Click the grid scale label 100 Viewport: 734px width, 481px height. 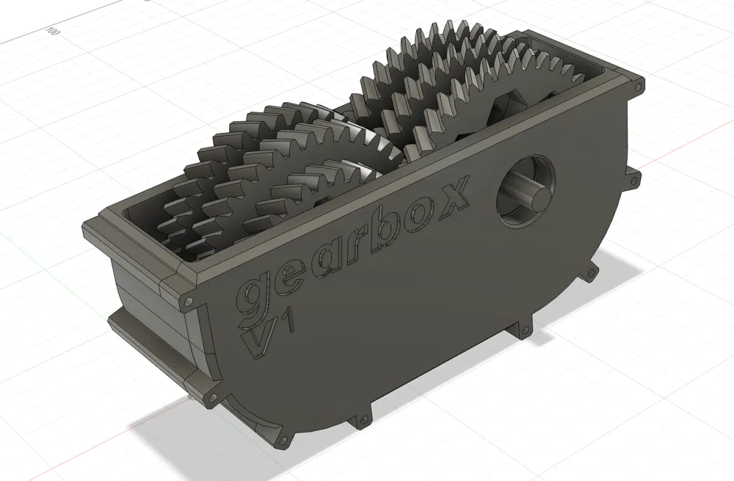pos(52,31)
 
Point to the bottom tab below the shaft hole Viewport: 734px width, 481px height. pos(524,330)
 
